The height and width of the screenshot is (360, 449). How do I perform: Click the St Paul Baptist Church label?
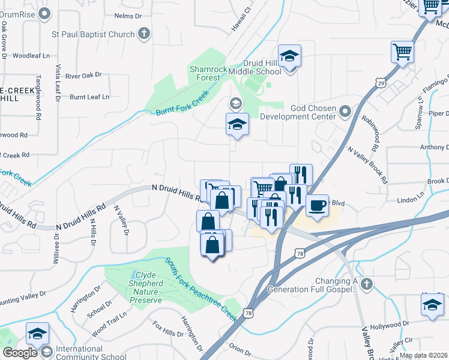[x=93, y=34]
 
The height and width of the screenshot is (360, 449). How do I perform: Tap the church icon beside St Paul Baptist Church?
[x=143, y=34]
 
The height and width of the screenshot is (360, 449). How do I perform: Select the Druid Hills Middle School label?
[x=262, y=67]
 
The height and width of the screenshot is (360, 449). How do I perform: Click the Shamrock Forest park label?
[x=208, y=73]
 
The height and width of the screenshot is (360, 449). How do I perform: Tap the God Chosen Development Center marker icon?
[x=345, y=111]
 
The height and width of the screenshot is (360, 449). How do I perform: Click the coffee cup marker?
[x=318, y=205]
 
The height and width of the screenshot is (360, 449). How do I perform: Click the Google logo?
[x=20, y=353]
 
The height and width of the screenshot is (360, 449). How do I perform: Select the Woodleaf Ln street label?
[x=31, y=56]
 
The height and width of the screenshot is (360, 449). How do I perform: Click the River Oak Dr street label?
[x=83, y=76]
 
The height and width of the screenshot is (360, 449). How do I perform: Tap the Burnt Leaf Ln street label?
[x=90, y=97]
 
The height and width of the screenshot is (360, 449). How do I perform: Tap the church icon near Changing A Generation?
[x=367, y=283]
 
